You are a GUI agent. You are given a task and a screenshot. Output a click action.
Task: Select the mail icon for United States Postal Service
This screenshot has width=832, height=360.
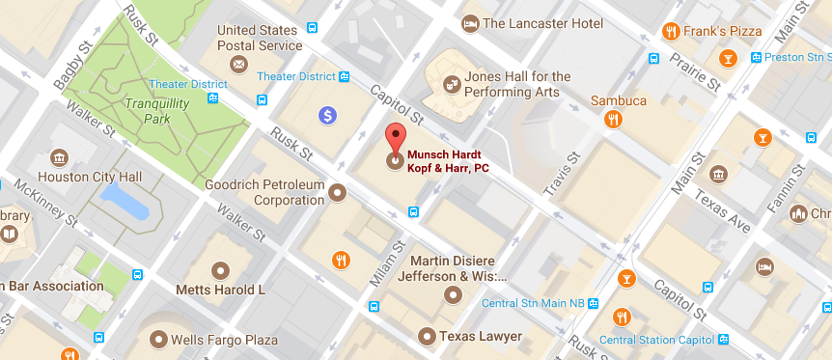tap(237, 64)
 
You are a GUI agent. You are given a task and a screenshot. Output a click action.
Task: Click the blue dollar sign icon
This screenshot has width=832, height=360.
tap(328, 116)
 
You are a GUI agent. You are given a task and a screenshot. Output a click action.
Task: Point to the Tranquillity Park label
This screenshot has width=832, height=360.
tap(149, 110)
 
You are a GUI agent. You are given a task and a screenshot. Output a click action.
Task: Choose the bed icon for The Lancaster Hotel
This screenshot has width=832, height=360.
tap(470, 22)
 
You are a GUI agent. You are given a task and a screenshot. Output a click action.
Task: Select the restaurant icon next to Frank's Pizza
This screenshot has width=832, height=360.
tap(672, 31)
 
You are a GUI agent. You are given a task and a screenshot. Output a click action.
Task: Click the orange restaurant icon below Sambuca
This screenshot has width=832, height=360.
tap(612, 120)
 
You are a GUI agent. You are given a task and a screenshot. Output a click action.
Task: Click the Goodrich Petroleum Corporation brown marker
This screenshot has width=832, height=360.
tap(337, 193)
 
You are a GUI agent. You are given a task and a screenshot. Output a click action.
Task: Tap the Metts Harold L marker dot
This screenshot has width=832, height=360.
tap(220, 269)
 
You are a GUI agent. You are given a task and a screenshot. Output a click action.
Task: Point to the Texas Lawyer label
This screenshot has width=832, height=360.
tap(480, 336)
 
